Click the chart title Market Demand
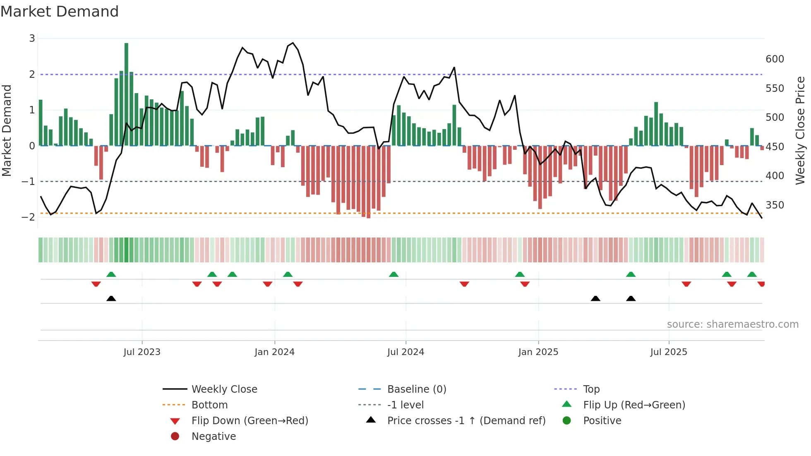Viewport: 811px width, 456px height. [60, 12]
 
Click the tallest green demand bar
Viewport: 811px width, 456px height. [126, 94]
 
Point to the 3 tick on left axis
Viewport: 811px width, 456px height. [32, 38]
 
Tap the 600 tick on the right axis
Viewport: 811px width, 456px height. [775, 59]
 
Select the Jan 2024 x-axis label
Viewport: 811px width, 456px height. [274, 352]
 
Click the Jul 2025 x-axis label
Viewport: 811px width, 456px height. [668, 352]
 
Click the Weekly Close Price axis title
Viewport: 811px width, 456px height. [800, 130]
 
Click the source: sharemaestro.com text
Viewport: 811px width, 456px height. [732, 324]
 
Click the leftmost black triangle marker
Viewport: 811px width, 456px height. [111, 299]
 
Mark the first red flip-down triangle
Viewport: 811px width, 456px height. [96, 284]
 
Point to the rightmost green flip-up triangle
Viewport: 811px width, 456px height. [752, 274]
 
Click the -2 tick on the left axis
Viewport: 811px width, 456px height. [29, 217]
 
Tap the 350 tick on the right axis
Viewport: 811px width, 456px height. [775, 205]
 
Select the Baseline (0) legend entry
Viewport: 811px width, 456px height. [416, 389]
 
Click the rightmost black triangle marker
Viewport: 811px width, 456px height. [631, 299]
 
